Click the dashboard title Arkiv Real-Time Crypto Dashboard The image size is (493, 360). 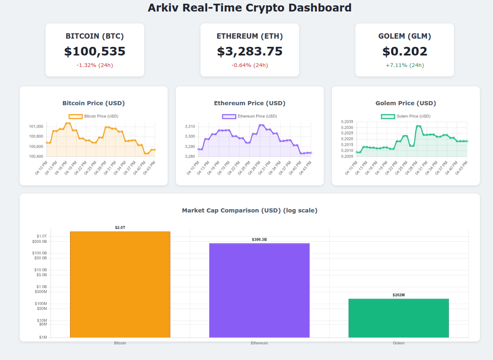(249, 8)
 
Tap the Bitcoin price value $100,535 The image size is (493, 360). (94, 51)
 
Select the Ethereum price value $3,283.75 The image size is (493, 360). (249, 51)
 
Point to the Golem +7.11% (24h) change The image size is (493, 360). (404, 65)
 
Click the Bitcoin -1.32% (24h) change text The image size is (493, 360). (94, 65)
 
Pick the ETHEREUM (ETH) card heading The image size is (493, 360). (249, 36)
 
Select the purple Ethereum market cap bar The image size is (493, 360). (259, 290)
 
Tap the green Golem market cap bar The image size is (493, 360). (399, 318)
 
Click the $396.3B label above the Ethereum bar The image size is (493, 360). (259, 240)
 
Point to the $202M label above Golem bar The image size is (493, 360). (399, 295)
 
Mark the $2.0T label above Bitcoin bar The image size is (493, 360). (120, 228)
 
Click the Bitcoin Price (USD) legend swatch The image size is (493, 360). (76, 116)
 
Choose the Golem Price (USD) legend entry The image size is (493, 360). (405, 116)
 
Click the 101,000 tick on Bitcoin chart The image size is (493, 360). (36, 127)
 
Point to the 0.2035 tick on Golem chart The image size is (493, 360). (347, 122)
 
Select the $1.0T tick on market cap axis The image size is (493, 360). (41, 236)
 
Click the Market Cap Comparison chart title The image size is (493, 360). (249, 210)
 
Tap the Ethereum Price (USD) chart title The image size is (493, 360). (249, 103)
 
